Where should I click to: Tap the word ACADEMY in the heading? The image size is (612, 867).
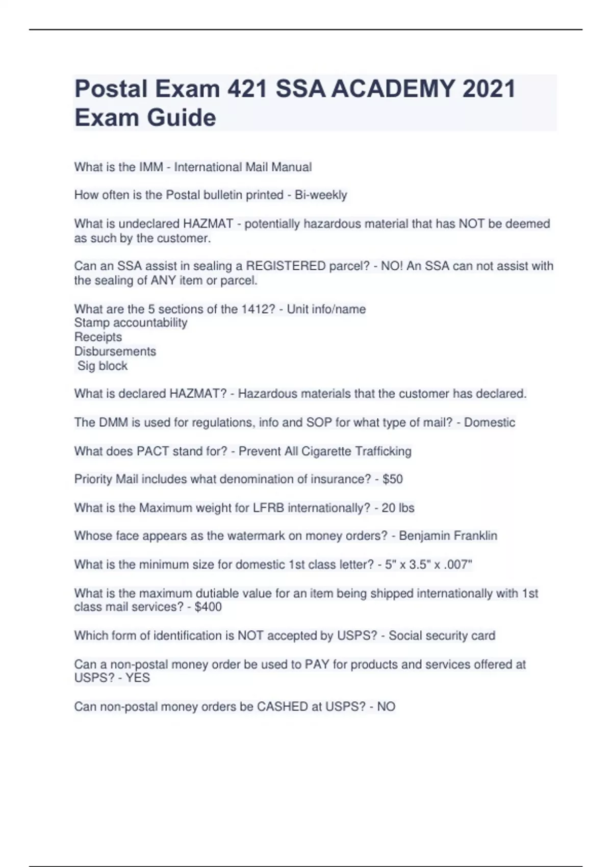[393, 89]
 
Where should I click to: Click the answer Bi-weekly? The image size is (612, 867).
[321, 195]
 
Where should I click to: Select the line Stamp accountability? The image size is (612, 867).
[131, 323]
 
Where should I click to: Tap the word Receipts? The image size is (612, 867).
[98, 337]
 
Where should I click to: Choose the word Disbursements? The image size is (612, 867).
[115, 351]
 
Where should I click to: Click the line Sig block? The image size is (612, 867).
[102, 366]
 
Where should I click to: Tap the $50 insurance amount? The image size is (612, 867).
[392, 479]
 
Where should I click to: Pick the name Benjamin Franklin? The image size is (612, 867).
[448, 536]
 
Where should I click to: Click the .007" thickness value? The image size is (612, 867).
[459, 565]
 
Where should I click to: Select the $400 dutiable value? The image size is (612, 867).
[208, 607]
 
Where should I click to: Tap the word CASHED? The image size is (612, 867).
[282, 707]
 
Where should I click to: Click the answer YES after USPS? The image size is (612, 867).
[137, 678]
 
